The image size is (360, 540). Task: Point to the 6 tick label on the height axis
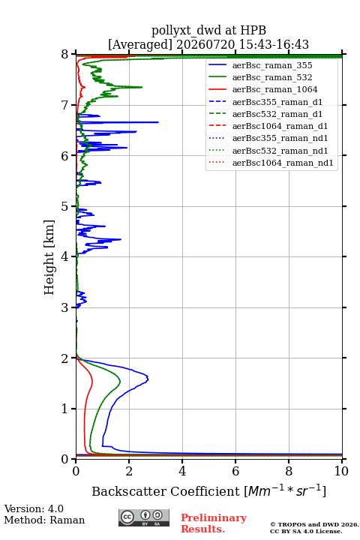point(64,156)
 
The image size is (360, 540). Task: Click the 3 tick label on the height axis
point(64,307)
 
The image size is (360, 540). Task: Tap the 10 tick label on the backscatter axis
point(341,471)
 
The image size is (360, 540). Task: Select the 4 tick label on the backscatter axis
point(182,471)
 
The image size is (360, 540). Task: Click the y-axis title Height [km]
point(49,257)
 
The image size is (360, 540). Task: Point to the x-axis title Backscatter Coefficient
point(166,491)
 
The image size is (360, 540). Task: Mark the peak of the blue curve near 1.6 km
point(148,379)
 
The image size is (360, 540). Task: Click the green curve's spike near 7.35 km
point(142,87)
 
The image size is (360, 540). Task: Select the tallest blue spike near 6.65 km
point(158,122)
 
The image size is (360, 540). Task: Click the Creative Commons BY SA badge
point(144,517)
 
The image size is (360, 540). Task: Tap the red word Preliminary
point(214,517)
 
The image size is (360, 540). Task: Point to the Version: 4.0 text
point(34,508)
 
